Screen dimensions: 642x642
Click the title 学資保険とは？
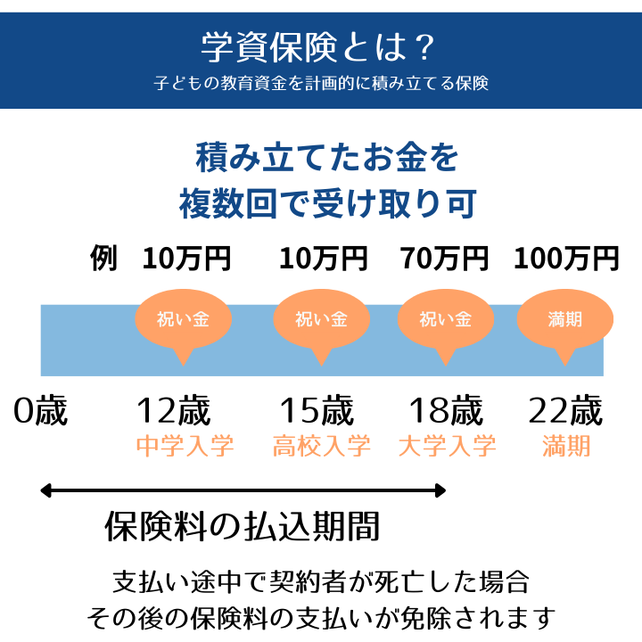point(320,46)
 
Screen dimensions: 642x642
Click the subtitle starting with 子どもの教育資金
point(320,85)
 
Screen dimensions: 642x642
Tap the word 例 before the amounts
point(103,259)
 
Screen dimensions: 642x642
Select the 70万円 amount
point(445,259)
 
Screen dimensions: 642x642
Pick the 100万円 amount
point(566,259)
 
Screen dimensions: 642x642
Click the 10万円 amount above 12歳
point(186,259)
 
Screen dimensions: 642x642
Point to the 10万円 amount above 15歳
point(323,259)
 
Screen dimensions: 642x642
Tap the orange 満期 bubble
point(566,319)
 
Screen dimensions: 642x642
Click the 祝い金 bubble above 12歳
point(183,319)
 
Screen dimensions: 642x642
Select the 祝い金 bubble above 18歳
point(445,319)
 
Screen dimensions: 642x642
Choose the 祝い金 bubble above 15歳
point(321,319)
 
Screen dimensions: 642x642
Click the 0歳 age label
point(41,411)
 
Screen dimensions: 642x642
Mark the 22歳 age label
point(565,411)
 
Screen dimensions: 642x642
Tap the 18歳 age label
point(446,411)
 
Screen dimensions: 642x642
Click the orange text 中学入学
point(185,446)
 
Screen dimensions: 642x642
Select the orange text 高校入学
point(321,446)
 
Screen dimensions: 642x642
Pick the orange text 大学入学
point(447,446)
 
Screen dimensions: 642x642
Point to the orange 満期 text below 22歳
point(566,446)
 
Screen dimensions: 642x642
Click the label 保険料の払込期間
point(243,526)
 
